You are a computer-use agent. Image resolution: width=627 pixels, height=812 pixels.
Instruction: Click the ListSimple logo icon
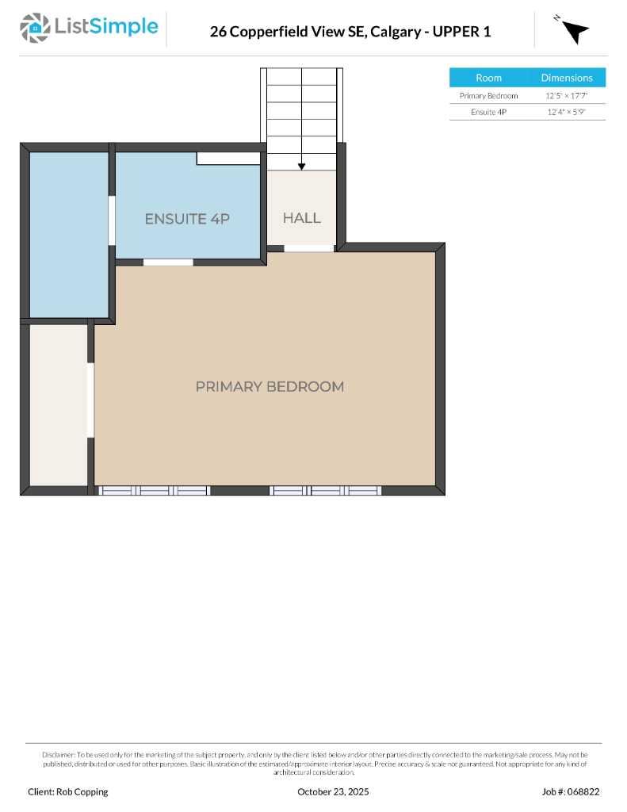tap(34, 28)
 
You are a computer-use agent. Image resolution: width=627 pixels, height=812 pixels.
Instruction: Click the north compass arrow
tap(575, 31)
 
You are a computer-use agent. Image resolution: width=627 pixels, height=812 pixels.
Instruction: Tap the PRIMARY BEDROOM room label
tap(270, 387)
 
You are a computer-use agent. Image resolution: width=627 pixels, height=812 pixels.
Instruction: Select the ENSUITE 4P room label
tap(187, 219)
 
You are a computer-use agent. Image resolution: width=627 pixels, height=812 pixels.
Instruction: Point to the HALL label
tap(302, 218)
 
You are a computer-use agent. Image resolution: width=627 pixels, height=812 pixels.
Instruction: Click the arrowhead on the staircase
tap(302, 167)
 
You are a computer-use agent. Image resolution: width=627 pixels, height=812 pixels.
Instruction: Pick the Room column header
tap(488, 78)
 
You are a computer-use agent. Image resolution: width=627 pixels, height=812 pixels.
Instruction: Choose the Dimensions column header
tap(567, 78)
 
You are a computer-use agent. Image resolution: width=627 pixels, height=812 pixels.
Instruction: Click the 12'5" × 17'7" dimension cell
tap(567, 96)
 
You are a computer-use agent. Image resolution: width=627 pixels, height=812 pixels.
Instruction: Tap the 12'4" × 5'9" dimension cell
tap(567, 113)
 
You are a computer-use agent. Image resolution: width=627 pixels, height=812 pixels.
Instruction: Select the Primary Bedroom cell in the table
tap(488, 96)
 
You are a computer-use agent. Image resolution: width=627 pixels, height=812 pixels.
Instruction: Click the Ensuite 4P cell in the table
tap(488, 113)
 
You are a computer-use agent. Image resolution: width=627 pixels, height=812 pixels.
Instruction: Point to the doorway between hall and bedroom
tap(309, 248)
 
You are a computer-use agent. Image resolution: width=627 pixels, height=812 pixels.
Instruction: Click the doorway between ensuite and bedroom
tap(168, 262)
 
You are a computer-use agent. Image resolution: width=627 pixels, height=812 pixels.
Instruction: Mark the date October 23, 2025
tap(333, 791)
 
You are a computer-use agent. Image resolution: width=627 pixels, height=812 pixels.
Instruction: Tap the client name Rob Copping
tap(82, 791)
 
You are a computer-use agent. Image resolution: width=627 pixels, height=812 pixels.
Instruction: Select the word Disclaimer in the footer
tap(58, 755)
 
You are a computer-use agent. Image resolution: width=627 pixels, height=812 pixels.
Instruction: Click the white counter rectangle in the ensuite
tap(228, 159)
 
